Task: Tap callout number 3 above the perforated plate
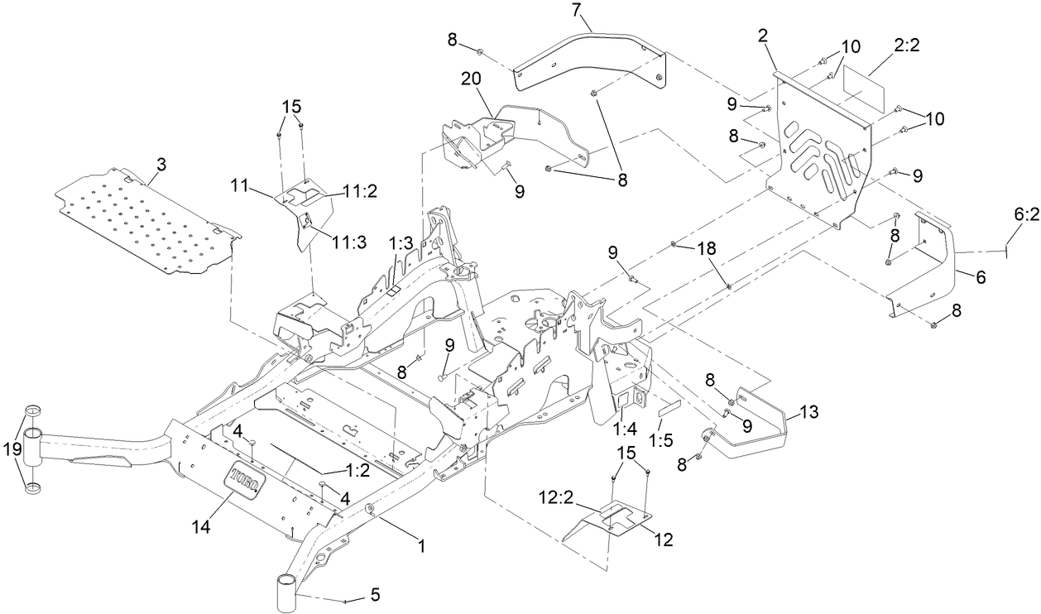point(161,165)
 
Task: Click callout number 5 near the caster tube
point(374,593)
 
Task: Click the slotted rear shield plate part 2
point(819,157)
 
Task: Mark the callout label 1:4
point(625,428)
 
